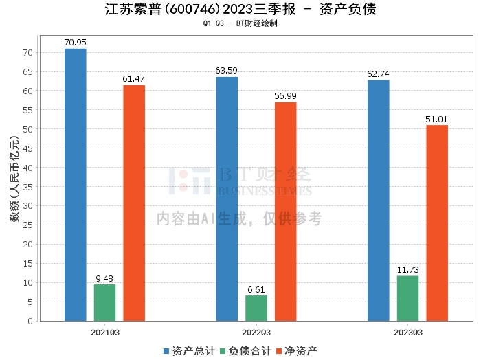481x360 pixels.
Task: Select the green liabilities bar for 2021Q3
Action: point(105,302)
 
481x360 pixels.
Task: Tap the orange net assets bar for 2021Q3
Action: point(134,203)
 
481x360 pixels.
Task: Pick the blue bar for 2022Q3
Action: point(227,199)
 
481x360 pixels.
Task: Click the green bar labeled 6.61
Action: point(256,308)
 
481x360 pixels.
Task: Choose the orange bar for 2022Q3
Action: point(286,211)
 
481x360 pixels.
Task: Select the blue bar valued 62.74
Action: point(378,200)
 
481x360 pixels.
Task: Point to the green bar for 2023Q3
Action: point(407,298)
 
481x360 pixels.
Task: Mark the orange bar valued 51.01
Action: point(437,223)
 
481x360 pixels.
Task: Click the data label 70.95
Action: point(75,43)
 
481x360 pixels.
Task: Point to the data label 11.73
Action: point(407,269)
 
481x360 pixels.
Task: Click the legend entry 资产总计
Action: point(188,350)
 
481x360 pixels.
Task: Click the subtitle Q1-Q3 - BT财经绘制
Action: point(240,23)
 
